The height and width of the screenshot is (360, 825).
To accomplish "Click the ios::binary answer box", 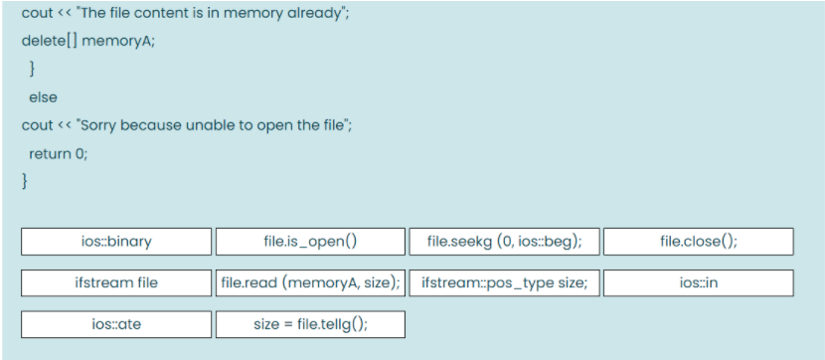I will click(x=116, y=242).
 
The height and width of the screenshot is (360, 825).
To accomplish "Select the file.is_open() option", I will click(x=310, y=242).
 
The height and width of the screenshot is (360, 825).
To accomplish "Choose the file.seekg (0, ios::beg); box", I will click(x=504, y=242).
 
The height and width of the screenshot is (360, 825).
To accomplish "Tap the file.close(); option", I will click(x=698, y=242).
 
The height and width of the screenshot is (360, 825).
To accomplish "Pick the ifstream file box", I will click(x=116, y=282).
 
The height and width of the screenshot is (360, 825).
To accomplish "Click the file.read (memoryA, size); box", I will click(x=310, y=282).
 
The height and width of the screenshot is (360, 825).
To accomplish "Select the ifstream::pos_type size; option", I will click(x=504, y=282).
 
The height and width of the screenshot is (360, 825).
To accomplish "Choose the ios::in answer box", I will click(x=698, y=282).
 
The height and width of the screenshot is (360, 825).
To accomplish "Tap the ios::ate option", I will click(x=116, y=324).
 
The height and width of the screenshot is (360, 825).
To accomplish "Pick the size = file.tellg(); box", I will click(x=310, y=324).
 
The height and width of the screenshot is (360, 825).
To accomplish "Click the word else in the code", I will click(x=43, y=97).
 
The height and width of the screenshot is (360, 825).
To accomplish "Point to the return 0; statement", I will click(x=51, y=153).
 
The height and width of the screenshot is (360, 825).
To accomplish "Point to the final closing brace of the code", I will click(x=25, y=181).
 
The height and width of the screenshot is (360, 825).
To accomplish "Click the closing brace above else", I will click(x=33, y=70).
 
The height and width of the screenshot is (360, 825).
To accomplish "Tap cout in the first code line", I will click(x=37, y=14).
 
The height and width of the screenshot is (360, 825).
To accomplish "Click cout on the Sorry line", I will click(x=37, y=125).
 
